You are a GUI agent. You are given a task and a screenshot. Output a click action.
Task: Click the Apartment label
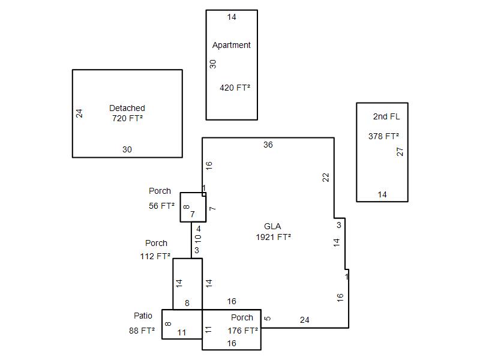coord(232,46)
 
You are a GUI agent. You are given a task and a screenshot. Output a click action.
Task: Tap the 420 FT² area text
coord(235,88)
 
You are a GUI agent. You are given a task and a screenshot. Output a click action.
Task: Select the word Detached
coord(127,108)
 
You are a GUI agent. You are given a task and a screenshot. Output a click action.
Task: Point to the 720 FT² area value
coord(127,118)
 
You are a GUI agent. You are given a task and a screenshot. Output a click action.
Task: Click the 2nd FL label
coord(386,116)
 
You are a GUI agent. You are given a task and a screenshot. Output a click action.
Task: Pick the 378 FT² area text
coord(383,136)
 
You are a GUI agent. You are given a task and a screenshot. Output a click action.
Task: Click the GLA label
coord(272,226)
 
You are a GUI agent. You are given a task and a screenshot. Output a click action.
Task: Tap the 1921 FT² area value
coord(274,237)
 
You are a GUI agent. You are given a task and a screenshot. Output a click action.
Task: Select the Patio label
coord(143,316)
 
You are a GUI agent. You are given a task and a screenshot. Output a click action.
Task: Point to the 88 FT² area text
coord(142,331)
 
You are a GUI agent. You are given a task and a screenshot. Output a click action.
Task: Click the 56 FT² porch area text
coord(161,206)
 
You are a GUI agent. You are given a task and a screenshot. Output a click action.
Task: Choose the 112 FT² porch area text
coord(155,256)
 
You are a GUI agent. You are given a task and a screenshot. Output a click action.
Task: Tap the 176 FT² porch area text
coord(243,331)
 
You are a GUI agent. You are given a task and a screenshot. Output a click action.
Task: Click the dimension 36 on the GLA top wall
coord(268,145)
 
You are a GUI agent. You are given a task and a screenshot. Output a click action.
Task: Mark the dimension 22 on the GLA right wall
coord(326,178)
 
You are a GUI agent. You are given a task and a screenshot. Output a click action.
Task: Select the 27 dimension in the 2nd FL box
coord(400,152)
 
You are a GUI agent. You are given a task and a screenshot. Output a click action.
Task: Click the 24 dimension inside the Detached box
coord(79,113)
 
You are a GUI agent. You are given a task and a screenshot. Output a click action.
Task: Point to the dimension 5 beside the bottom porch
coord(268,319)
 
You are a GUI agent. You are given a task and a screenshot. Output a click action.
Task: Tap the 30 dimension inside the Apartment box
coord(213,64)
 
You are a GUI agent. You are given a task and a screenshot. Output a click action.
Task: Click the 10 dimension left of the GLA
coord(198,239)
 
